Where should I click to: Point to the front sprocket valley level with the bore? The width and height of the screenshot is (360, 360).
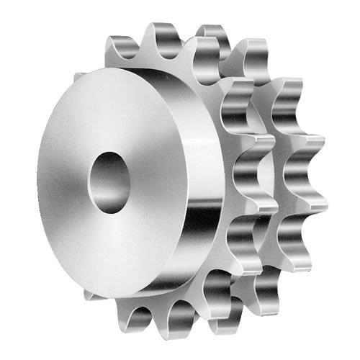pos(245,176)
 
